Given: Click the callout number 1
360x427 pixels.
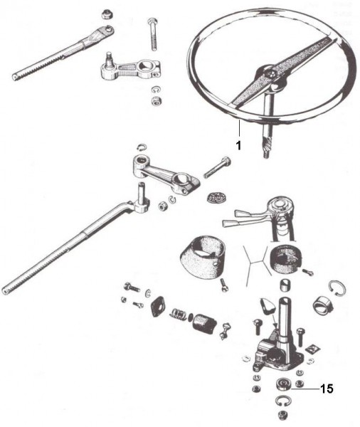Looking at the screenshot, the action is click(238, 145).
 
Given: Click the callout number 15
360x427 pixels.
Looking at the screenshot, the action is click(327, 389).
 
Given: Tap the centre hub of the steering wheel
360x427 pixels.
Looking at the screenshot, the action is click(269, 73).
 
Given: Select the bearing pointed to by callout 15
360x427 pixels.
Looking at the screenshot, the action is click(283, 385).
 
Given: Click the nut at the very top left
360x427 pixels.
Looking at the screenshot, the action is click(107, 14).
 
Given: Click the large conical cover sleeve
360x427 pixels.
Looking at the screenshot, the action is click(203, 258).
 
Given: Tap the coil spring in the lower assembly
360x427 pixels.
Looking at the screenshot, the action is click(178, 315).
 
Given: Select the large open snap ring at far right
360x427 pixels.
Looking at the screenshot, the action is click(338, 288).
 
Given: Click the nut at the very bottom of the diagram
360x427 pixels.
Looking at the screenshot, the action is click(282, 416).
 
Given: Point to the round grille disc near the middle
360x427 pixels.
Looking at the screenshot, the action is click(213, 196).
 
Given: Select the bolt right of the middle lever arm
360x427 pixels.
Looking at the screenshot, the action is click(218, 167).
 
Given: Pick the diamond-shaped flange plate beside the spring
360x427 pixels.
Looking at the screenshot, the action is click(158, 306).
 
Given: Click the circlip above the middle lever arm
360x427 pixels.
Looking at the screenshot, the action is click(142, 147).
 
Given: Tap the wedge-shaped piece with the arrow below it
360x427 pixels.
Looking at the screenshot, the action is click(266, 306).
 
